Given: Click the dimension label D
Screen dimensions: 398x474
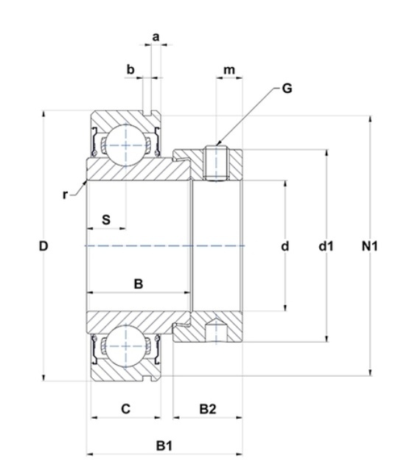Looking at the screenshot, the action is click(x=43, y=246).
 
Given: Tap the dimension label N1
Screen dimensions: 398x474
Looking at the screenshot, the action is click(x=369, y=246).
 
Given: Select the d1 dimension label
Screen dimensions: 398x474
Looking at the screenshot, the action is click(x=326, y=246).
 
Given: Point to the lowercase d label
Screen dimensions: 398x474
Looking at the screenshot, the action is click(x=285, y=246).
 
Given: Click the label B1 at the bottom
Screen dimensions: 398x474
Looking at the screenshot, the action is click(x=164, y=445).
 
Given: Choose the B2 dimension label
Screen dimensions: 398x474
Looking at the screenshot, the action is click(x=208, y=409).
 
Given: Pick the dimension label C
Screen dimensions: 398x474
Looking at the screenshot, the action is click(x=126, y=409).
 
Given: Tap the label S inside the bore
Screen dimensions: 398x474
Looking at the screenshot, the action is click(x=106, y=220).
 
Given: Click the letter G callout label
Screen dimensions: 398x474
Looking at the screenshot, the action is click(x=287, y=88).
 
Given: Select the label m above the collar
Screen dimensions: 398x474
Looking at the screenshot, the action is click(x=228, y=70).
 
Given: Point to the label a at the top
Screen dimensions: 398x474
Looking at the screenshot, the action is click(x=156, y=37).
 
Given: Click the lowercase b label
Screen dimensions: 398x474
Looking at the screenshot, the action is click(x=130, y=69).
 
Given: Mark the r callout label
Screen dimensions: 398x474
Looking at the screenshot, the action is click(x=65, y=195).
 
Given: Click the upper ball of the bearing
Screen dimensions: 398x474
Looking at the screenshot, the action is click(x=126, y=145).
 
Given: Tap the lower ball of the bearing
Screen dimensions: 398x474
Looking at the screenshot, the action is click(x=126, y=346).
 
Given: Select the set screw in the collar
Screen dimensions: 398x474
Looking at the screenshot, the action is click(x=216, y=163).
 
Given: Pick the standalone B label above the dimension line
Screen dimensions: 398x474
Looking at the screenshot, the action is click(x=138, y=284).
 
